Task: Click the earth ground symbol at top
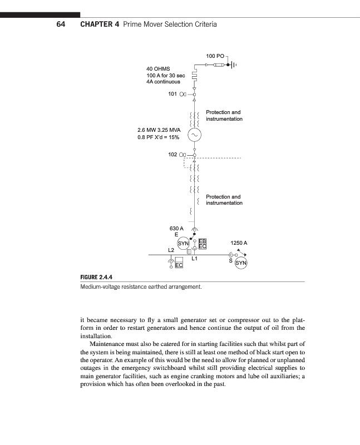233,65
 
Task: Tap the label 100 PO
215,56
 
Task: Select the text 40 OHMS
158,68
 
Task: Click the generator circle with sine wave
194,135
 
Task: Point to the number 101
172,94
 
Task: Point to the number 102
172,155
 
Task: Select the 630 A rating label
176,229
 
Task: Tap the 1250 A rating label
238,243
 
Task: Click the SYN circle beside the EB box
183,243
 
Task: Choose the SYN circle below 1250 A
241,263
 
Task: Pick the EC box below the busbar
179,266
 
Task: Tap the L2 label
171,250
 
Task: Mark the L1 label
195,259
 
